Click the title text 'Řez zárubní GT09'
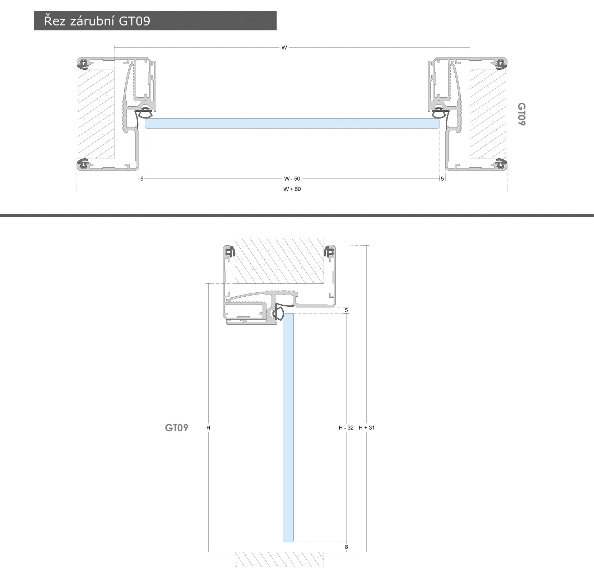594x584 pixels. [x=97, y=21]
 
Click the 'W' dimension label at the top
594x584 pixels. [x=284, y=47]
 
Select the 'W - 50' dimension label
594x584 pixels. [x=292, y=179]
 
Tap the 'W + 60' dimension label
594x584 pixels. [x=292, y=189]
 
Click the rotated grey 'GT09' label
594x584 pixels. [x=521, y=114]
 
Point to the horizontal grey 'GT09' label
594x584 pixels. [x=177, y=428]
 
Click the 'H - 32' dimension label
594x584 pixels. [x=346, y=428]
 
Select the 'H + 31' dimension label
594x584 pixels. [x=367, y=428]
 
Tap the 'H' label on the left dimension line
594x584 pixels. [x=208, y=428]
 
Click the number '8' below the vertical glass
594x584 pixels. [x=346, y=547]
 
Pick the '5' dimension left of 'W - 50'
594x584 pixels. [x=142, y=179]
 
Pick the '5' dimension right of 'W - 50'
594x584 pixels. [x=442, y=179]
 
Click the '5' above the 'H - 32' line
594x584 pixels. [x=346, y=310]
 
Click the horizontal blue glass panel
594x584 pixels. [x=292, y=123]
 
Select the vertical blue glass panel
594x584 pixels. [x=289, y=427]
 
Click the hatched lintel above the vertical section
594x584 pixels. [x=279, y=260]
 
